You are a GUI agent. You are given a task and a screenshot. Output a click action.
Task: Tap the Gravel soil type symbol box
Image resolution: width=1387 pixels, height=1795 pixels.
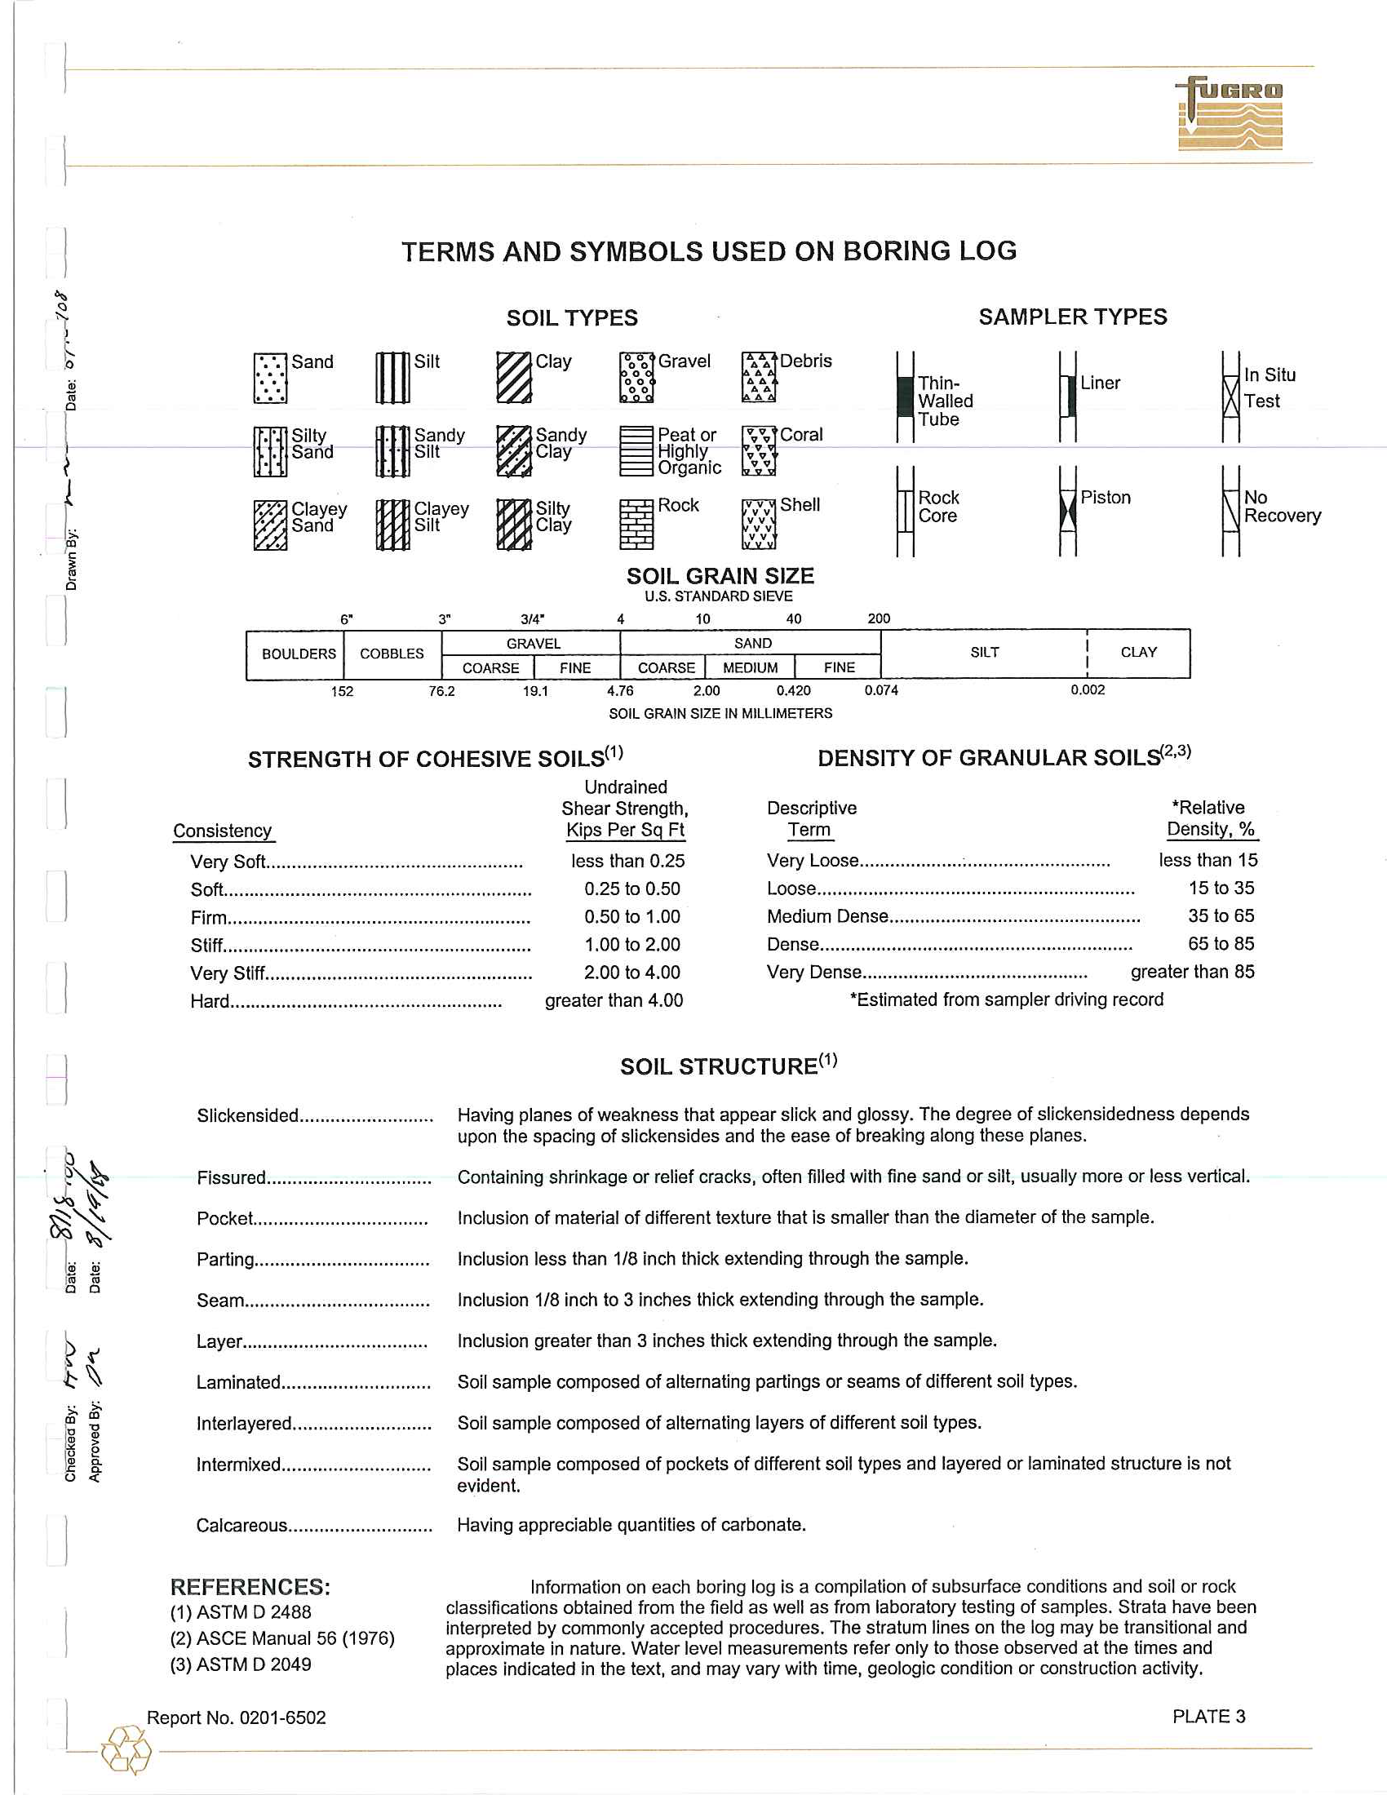(x=637, y=377)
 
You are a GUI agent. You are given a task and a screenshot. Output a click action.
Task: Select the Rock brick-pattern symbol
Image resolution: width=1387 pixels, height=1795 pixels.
(x=637, y=525)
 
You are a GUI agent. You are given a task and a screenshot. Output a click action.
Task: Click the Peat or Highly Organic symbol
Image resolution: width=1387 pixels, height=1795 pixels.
(x=637, y=451)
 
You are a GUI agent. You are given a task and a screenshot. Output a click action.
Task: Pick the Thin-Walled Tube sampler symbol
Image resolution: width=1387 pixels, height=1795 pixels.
(x=905, y=397)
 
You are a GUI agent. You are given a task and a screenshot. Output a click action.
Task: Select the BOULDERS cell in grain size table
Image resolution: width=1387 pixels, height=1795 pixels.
(x=299, y=654)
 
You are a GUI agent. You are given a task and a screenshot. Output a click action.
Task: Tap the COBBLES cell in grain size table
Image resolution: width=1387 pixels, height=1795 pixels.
(x=392, y=654)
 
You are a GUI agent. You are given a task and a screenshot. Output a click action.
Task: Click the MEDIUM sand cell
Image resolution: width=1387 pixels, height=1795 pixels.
(x=750, y=667)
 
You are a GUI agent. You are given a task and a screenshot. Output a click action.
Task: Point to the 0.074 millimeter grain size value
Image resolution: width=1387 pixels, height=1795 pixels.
(x=881, y=690)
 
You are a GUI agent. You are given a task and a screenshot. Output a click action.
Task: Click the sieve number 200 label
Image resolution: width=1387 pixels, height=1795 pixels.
(x=879, y=619)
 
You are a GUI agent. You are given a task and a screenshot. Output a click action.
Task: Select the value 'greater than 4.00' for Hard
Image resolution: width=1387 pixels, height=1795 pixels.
(x=614, y=1000)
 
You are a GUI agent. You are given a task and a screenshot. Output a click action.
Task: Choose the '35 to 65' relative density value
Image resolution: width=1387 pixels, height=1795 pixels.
(x=1221, y=915)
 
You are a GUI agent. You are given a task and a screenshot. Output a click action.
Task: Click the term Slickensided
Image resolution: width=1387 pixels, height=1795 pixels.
(x=247, y=1115)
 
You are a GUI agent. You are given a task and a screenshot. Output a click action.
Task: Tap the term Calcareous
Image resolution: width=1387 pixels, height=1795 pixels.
(x=242, y=1526)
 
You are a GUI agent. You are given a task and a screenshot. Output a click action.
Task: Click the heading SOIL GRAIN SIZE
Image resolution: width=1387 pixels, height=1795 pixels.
(x=720, y=576)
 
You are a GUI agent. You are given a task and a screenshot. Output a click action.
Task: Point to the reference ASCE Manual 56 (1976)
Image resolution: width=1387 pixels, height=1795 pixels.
(x=282, y=1638)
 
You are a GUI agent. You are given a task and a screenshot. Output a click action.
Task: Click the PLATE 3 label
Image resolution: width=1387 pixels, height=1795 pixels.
(x=1208, y=1716)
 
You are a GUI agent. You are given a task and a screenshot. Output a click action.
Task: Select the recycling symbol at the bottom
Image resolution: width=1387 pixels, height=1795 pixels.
(x=126, y=1749)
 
